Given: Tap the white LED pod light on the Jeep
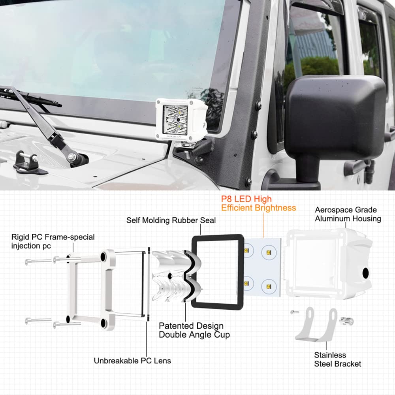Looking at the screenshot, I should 181,118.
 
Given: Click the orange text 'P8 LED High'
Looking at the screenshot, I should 246,199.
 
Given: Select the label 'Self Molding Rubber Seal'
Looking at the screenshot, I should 171,220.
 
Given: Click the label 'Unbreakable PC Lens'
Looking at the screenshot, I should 132,360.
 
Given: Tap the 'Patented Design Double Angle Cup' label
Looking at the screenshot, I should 194,330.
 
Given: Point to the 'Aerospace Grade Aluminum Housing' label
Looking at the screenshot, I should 348,214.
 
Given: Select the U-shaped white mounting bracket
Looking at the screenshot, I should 316,326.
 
